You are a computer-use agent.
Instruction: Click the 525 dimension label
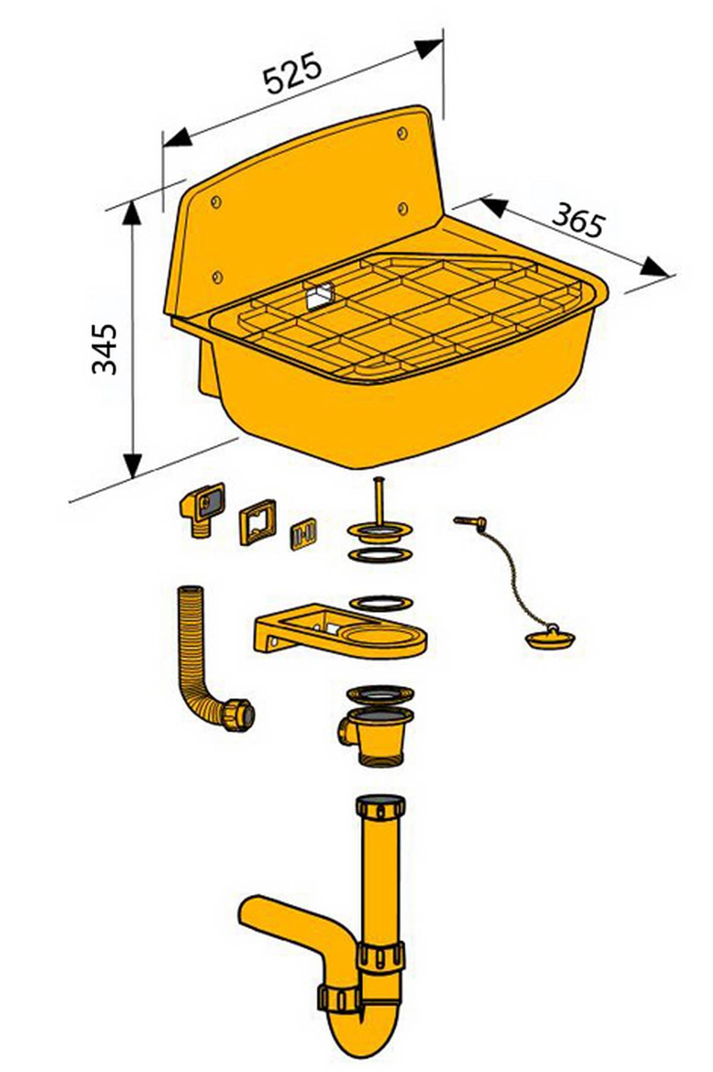(293, 73)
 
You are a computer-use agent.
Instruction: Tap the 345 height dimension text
(105, 348)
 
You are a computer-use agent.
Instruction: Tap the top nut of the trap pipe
(381, 807)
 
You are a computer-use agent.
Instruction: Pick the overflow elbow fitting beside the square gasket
(201, 508)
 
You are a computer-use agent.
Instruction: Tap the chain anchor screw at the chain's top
(470, 521)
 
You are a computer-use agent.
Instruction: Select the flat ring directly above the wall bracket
(381, 603)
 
